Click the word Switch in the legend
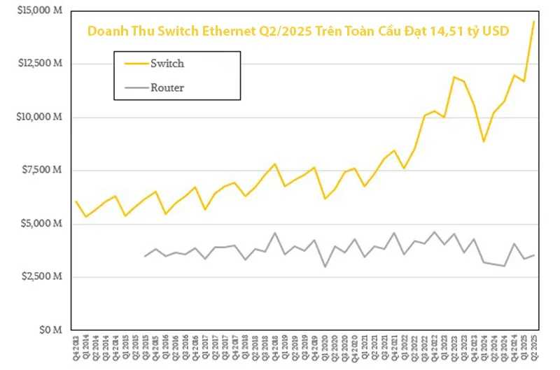[x=167, y=64]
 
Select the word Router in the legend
[x=167, y=87]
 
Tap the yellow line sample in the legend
[x=136, y=64]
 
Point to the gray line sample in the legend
[x=136, y=87]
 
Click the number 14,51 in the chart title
[x=456, y=31]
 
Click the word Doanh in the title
[x=104, y=31]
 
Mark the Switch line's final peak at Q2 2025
[x=534, y=21]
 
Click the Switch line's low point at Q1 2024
[x=484, y=141]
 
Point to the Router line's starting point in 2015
[x=145, y=256]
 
